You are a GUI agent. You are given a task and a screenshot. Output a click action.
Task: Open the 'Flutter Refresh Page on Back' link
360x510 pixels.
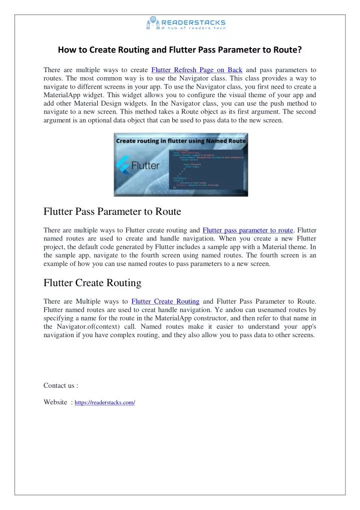pos(196,70)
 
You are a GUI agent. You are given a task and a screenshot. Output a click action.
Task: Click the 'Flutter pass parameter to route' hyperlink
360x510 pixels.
pos(247,230)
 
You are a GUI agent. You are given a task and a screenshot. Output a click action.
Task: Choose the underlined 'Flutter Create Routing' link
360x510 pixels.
pos(165,301)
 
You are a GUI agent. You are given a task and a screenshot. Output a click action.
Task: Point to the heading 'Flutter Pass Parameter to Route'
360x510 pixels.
pos(112,211)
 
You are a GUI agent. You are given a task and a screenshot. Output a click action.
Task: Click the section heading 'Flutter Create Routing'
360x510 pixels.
pos(93,283)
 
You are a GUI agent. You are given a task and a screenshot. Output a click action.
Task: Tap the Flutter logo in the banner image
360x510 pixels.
pos(138,165)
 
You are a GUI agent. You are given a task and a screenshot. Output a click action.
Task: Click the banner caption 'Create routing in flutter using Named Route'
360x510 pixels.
pos(181,141)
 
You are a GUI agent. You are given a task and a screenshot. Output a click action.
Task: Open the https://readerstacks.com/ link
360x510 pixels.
pos(105,402)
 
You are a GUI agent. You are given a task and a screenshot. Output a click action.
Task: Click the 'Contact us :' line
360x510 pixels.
pos(61,385)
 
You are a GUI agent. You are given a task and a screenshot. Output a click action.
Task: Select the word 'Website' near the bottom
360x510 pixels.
pos(55,402)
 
